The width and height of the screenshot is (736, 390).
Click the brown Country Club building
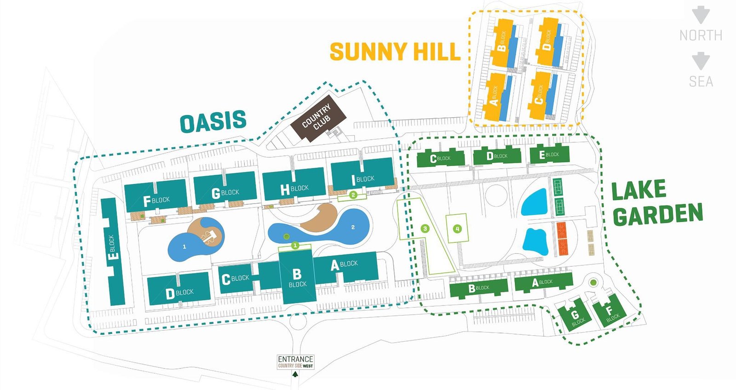[x=318, y=119]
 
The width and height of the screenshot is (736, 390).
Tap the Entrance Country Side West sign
[x=295, y=362]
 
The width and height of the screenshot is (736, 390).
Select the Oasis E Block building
[x=113, y=252]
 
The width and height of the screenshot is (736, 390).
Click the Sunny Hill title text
[x=395, y=52]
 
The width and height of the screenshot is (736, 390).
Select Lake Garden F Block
[x=610, y=311]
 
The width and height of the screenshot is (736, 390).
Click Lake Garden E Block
[x=549, y=155]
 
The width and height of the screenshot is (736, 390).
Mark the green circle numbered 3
[x=425, y=229]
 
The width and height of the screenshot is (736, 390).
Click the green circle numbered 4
[x=457, y=229]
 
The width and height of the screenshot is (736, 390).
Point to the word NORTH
[x=701, y=35]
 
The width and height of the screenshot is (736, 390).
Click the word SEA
[x=701, y=81]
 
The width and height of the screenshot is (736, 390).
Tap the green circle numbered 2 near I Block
[x=353, y=195]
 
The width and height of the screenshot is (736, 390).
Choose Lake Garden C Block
[x=441, y=158]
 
